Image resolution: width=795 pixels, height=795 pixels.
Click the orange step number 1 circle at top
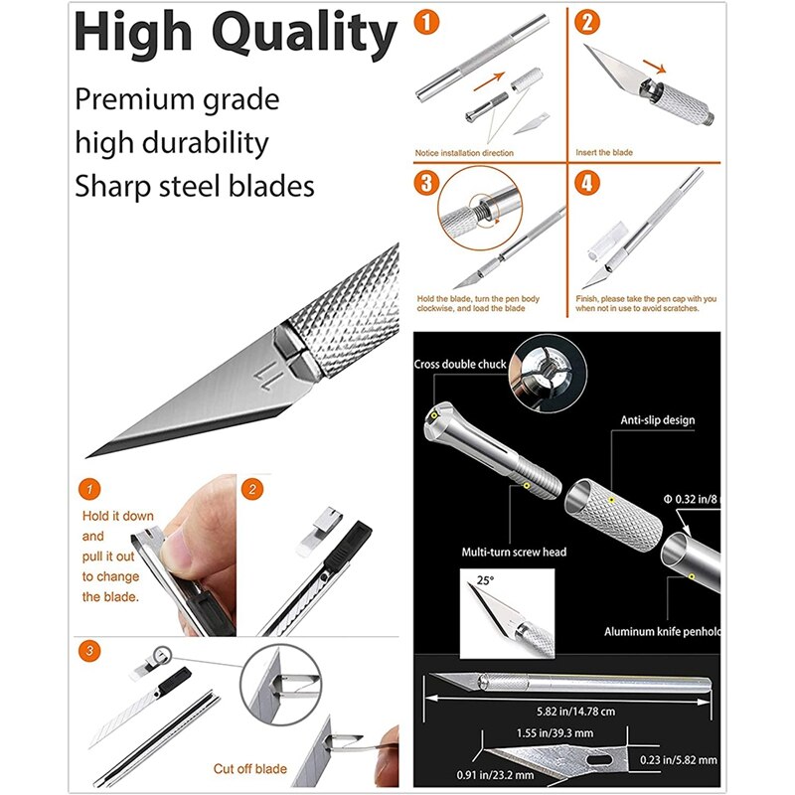click(x=429, y=21)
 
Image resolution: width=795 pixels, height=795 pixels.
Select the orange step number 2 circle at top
click(x=588, y=21)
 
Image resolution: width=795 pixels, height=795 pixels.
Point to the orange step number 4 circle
click(x=588, y=183)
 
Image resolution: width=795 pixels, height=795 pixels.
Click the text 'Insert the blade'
click(x=604, y=152)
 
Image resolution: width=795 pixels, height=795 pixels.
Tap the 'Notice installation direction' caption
click(x=464, y=152)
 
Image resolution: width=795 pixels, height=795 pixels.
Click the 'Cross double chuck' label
click(x=460, y=365)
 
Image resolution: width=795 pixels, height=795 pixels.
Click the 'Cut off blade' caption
click(x=250, y=768)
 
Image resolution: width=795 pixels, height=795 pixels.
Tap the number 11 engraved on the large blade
click(x=266, y=377)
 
